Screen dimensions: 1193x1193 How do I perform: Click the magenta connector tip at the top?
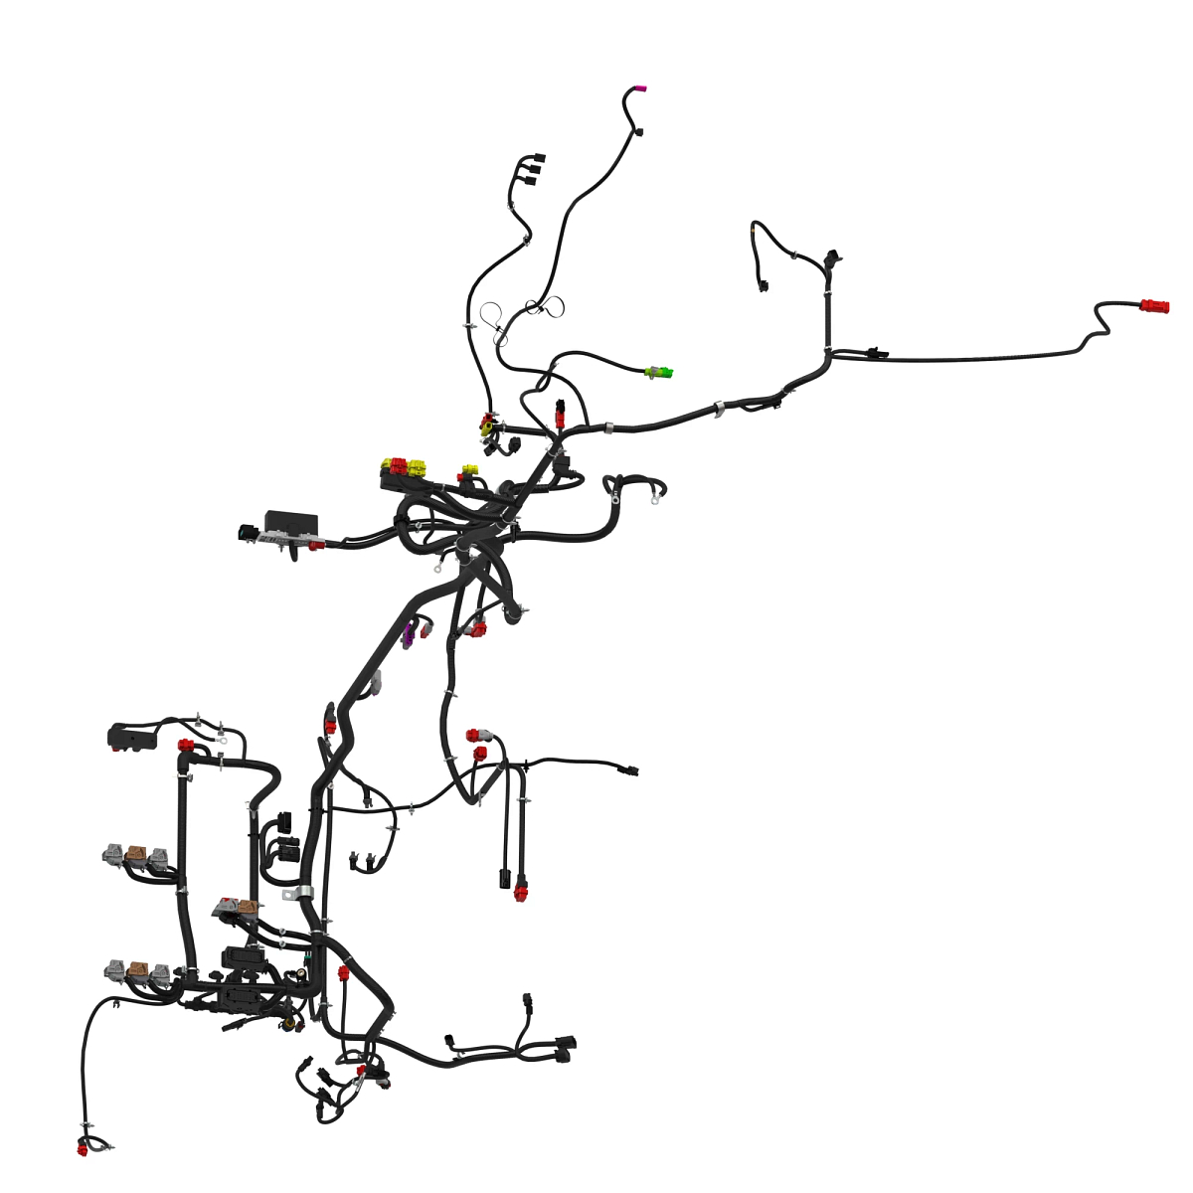click(640, 89)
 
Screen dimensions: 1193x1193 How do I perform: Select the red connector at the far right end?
click(1155, 306)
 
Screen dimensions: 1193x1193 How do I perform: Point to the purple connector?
click(409, 635)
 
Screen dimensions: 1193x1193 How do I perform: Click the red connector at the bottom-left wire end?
click(83, 1149)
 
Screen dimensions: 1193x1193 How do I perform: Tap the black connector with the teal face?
click(244, 532)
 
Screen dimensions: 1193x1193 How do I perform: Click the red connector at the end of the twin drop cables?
click(520, 892)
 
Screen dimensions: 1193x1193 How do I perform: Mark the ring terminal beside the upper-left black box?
click(224, 739)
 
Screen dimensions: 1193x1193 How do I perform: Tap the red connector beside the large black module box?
click(316, 545)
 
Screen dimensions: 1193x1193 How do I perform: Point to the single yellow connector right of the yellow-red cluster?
click(470, 469)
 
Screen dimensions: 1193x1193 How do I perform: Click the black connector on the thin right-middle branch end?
click(628, 770)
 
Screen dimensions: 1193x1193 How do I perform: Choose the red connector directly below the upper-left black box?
click(185, 746)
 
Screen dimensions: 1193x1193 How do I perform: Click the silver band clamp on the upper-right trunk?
click(718, 408)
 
